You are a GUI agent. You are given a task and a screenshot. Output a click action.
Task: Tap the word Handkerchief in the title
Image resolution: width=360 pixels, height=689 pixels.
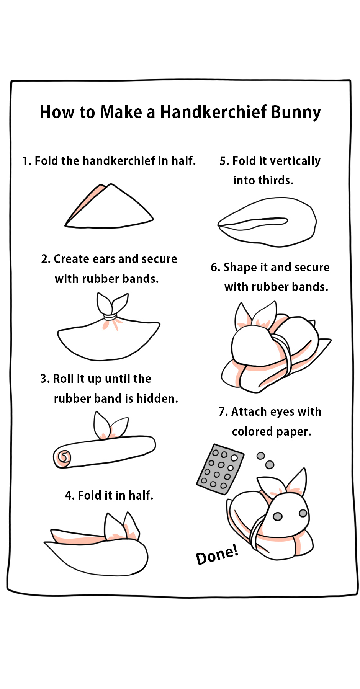[213, 112]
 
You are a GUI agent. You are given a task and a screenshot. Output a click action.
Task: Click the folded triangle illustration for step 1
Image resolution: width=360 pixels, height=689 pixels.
[109, 206]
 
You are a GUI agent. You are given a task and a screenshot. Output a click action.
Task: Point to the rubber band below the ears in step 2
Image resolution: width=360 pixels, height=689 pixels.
[110, 317]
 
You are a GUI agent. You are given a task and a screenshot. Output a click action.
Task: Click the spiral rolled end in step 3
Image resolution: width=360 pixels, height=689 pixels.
[63, 457]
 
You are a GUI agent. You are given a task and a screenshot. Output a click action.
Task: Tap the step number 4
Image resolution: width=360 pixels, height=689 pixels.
[69, 496]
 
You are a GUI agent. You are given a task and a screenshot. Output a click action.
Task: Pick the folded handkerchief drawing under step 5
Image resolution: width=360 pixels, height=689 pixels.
[267, 222]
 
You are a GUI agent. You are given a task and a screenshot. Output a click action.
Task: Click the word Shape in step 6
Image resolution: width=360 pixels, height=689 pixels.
[240, 268]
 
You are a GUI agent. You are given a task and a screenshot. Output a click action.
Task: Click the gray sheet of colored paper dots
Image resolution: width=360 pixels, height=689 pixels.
[220, 469]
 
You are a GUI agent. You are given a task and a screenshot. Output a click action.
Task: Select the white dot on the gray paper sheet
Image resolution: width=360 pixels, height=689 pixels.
[234, 458]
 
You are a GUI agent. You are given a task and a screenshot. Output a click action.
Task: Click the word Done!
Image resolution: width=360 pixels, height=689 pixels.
[217, 555]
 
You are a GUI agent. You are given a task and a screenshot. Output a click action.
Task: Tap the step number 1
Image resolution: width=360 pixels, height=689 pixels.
[26, 161]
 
